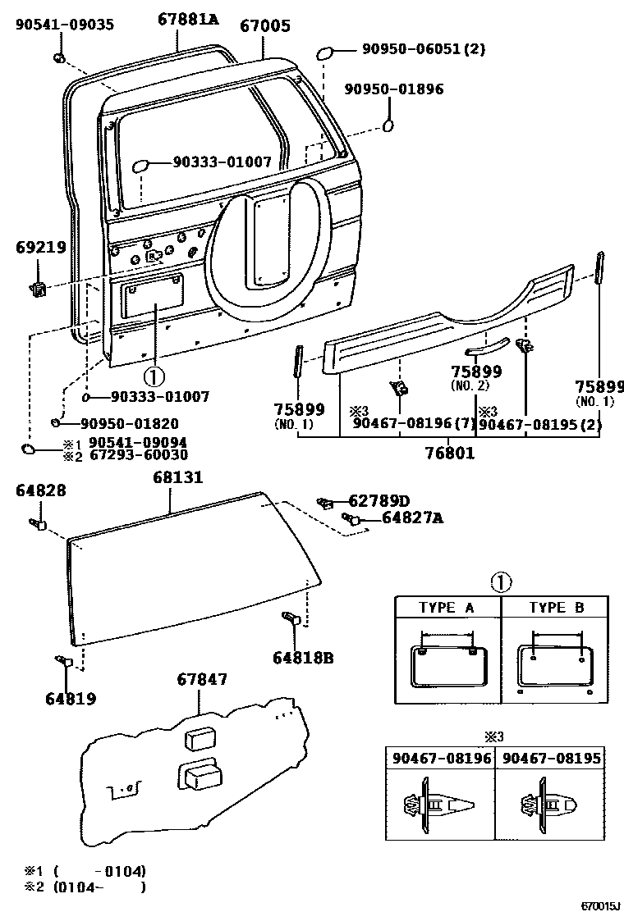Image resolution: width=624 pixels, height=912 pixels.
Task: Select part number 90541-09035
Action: tap(65, 24)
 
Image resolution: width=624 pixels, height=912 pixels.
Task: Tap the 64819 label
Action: tap(71, 699)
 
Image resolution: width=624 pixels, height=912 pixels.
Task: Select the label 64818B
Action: tap(304, 657)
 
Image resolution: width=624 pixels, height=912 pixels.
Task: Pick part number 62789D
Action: tap(379, 500)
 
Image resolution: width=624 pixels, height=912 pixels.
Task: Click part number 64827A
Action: tap(412, 518)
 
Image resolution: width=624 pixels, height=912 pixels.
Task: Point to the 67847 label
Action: tap(202, 679)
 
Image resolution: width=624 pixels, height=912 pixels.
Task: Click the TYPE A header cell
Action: tap(447, 608)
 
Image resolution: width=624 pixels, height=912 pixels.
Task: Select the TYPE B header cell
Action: tap(556, 608)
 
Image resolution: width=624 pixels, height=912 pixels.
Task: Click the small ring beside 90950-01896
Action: tap(388, 125)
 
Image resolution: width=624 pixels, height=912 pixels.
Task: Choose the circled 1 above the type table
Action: tap(501, 583)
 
